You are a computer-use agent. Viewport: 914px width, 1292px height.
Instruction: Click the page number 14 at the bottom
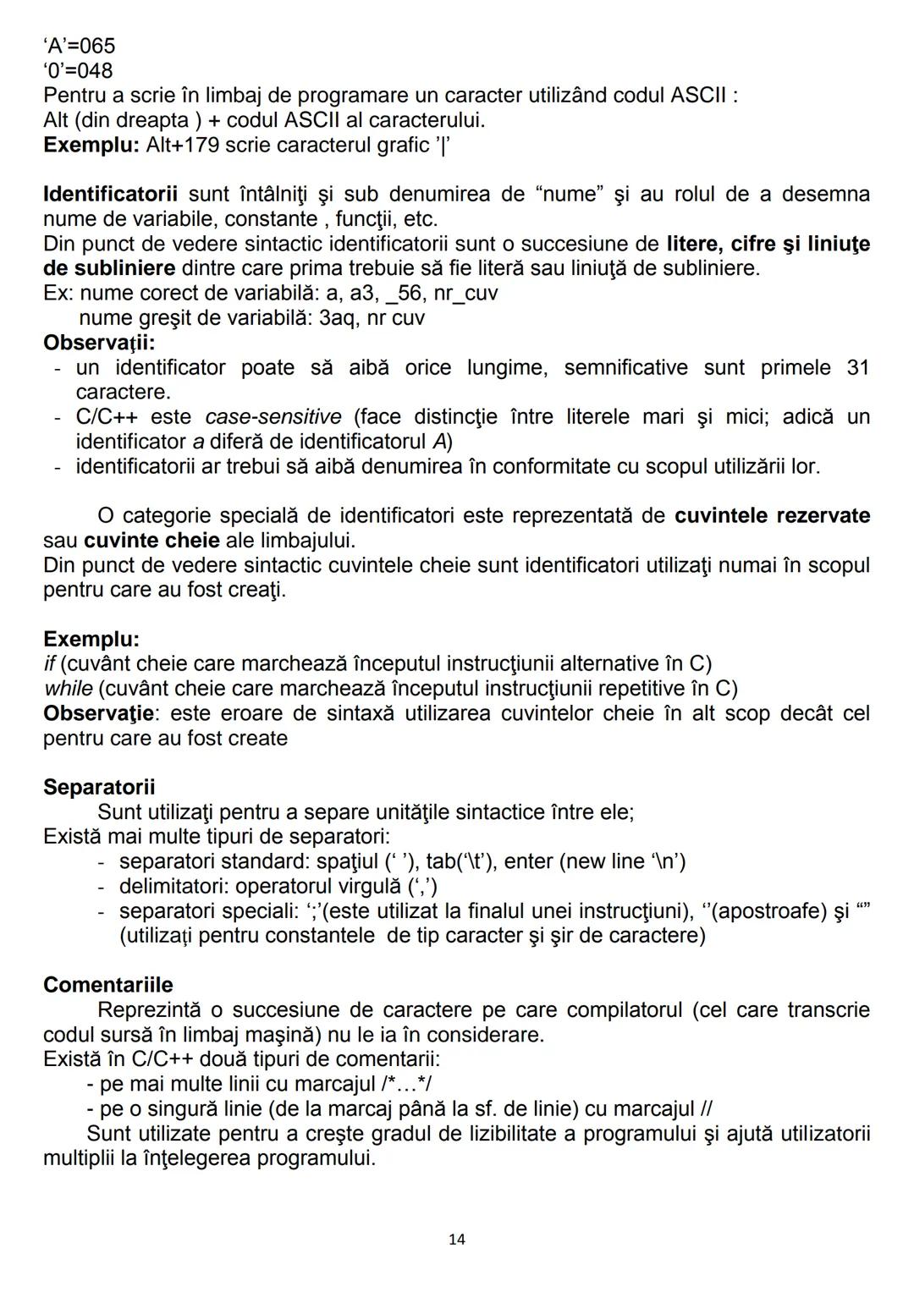pos(457,1240)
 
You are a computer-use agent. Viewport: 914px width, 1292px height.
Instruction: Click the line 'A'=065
pos(80,46)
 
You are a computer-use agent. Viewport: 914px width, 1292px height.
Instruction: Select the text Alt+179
pos(182,145)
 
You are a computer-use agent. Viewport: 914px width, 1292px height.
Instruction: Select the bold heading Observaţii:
pos(99,343)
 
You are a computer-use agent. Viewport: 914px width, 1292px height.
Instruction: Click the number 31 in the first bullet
pos(856,368)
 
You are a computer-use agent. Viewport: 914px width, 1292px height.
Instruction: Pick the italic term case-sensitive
pos(273,417)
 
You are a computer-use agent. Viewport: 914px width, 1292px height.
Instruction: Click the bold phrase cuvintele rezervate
pos(772,516)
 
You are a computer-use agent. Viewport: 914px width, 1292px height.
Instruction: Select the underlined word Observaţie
pos(99,713)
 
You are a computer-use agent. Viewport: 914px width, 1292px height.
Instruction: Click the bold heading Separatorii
pos(99,788)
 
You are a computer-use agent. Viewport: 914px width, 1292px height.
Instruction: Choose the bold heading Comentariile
pos(107,986)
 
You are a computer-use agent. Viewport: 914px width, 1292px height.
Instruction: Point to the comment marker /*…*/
pos(408,1084)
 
